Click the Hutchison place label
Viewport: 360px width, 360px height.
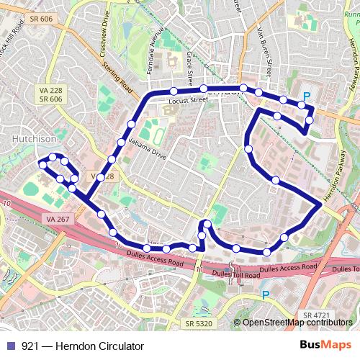(35, 138)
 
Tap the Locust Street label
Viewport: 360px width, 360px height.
(188, 100)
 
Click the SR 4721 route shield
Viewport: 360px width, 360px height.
(318, 315)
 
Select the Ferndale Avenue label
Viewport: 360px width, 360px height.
(155, 55)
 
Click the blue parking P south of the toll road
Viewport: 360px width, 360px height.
(266, 294)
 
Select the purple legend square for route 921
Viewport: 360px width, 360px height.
(9, 346)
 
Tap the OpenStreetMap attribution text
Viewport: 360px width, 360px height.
(294, 323)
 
